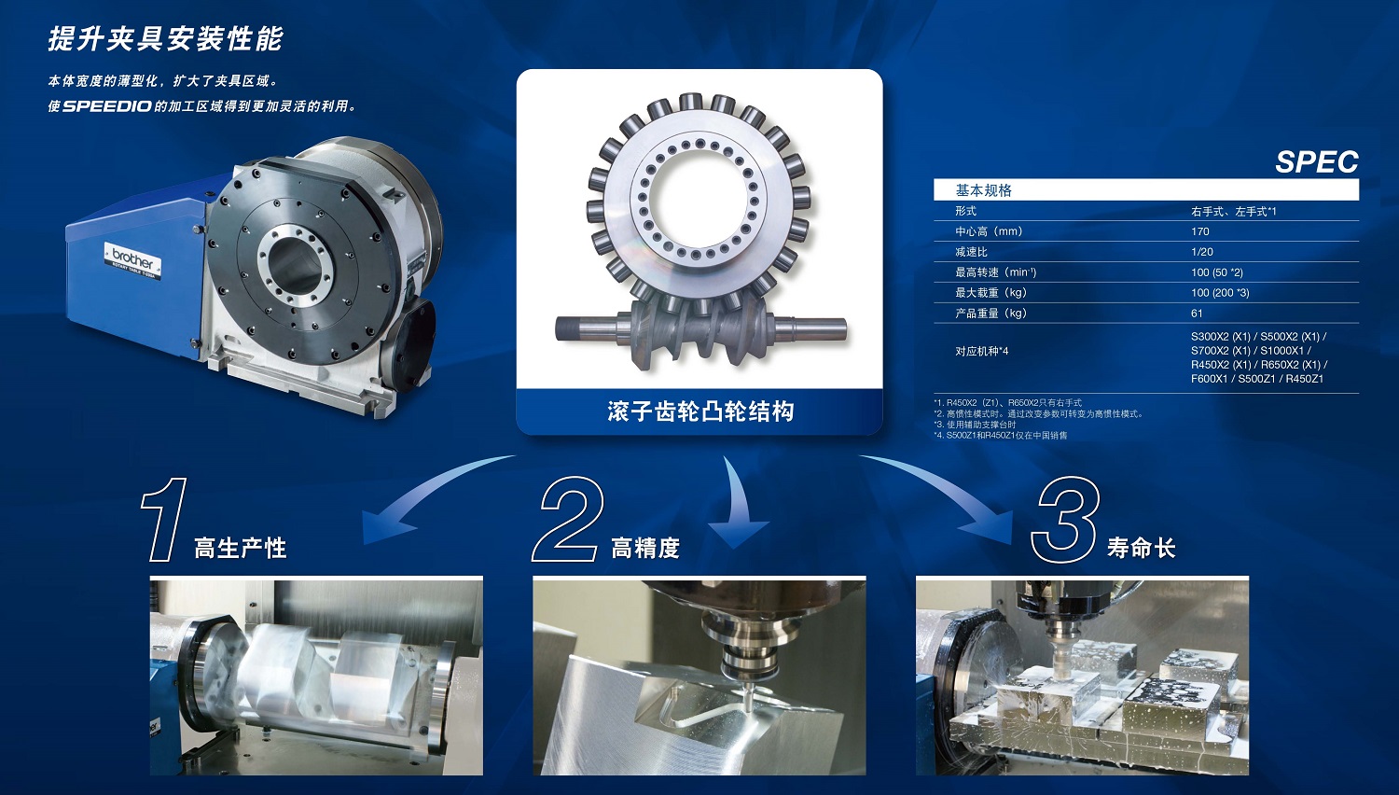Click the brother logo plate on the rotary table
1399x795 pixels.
[133, 261]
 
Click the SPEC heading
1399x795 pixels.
[1317, 162]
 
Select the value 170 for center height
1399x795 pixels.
[1199, 231]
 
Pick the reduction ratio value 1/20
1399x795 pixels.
[1201, 252]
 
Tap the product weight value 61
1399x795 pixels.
[1197, 314]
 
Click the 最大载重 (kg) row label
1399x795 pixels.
[990, 292]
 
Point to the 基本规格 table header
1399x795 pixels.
[984, 190]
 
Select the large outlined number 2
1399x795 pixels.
[567, 520]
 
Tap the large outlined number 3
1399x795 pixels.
[1064, 520]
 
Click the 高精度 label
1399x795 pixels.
[645, 548]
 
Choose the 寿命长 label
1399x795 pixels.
[1141, 548]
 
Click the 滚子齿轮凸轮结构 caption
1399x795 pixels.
[700, 411]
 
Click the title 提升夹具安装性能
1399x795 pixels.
[165, 39]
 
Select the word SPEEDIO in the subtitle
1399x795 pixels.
[107, 106]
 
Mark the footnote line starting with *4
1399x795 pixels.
[1001, 435]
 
